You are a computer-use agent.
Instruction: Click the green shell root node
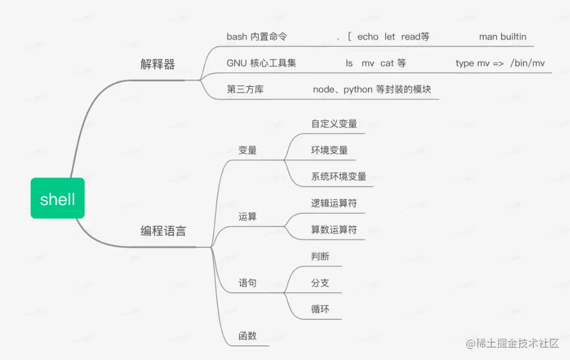tap(58, 199)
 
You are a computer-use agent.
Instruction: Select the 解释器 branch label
tap(157, 65)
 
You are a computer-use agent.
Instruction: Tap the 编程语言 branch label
tap(164, 231)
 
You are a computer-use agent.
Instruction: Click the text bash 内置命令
tap(257, 37)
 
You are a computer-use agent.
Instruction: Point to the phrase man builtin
tap(502, 37)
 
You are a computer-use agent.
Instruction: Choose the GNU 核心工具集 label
tap(261, 63)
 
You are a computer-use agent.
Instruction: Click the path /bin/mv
tap(527, 63)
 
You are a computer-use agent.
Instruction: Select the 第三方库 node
tap(245, 90)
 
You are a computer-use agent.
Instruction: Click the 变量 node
tap(247, 150)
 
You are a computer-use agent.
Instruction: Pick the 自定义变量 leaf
tap(334, 123)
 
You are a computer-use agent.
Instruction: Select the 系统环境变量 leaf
tap(339, 177)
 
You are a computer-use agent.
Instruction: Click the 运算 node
tap(247, 217)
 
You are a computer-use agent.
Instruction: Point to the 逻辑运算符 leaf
tap(334, 203)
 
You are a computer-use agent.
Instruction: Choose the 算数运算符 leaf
tap(334, 230)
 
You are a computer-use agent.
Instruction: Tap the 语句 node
tap(247, 283)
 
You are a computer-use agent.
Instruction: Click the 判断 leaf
tap(320, 256)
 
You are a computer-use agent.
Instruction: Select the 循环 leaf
tap(320, 309)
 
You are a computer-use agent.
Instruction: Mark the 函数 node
tap(247, 336)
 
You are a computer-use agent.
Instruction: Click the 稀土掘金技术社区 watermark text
tap(517, 343)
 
